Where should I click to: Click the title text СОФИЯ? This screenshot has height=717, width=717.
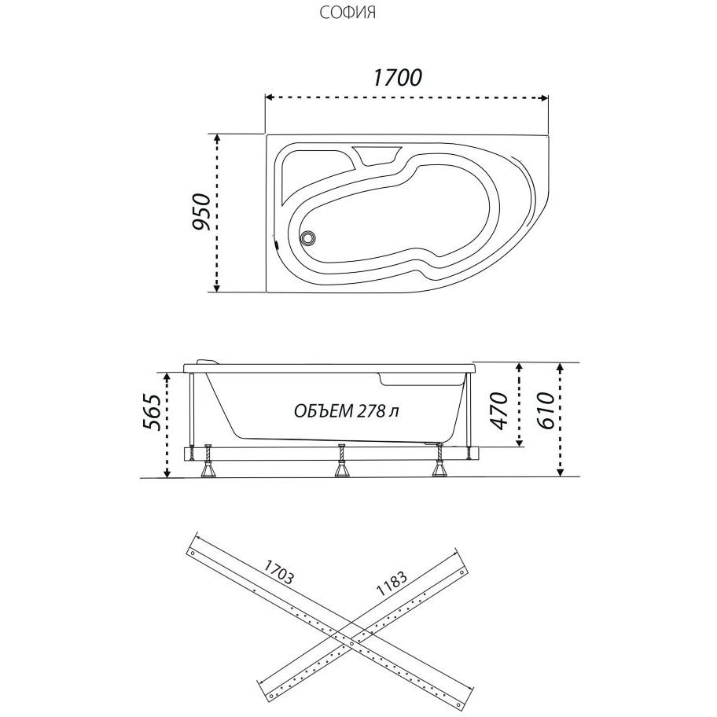coord(347,13)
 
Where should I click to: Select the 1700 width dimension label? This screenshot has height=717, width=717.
coord(397,78)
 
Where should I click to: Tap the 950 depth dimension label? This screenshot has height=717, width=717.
coord(201,211)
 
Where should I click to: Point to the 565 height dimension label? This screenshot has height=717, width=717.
coord(152,411)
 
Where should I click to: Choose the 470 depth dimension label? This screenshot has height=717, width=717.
coord(499,410)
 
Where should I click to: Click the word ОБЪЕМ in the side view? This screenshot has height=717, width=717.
coord(322,411)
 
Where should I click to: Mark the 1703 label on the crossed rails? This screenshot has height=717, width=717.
coord(278,572)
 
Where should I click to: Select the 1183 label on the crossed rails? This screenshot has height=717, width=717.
coord(392,583)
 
